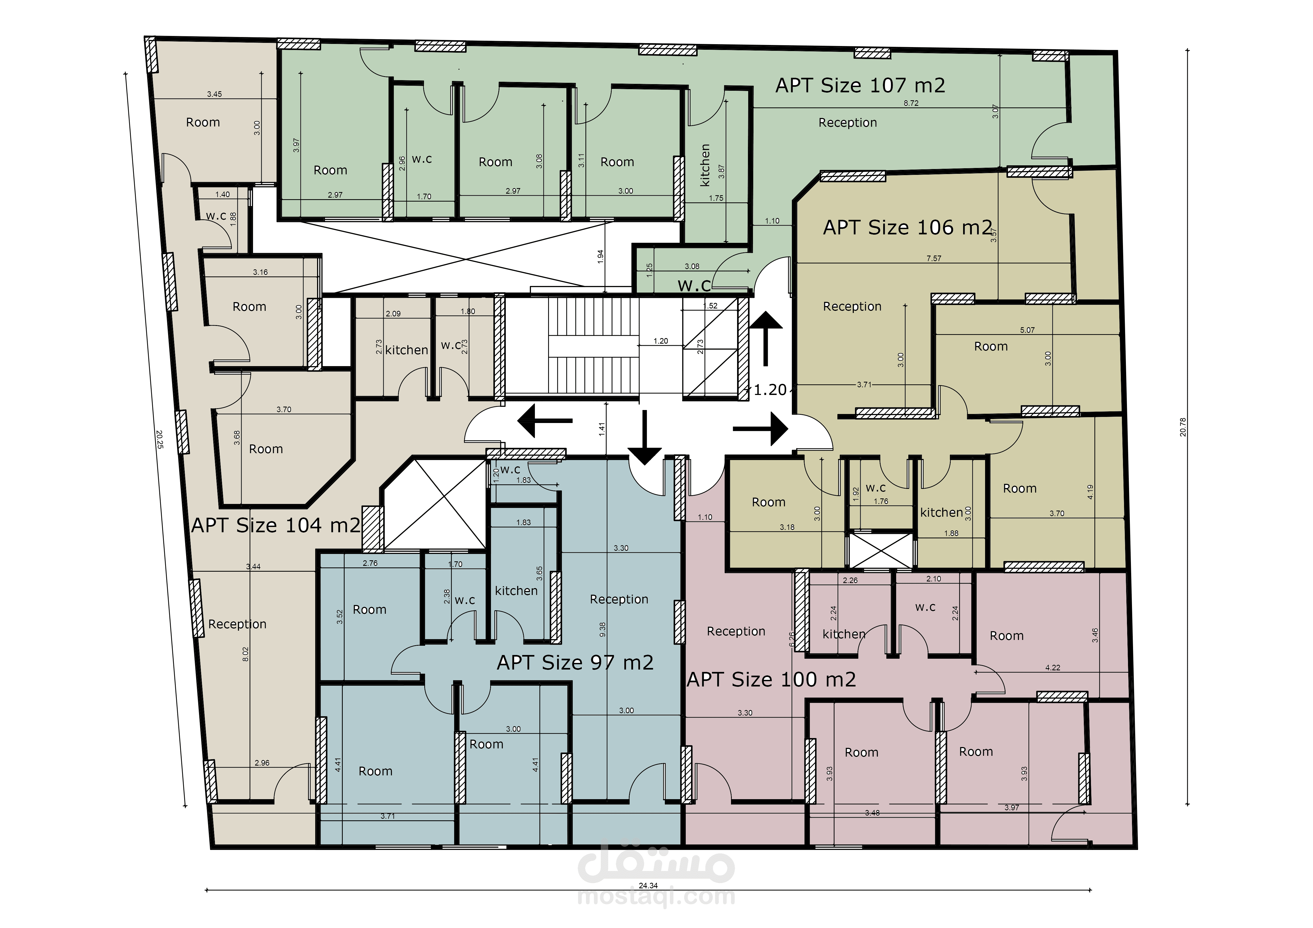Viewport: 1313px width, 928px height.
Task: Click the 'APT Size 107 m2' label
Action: [860, 86]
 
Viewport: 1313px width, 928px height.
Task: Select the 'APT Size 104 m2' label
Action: [276, 525]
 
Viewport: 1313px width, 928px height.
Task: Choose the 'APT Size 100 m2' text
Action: [771, 679]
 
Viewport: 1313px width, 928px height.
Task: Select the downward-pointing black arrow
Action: [645, 437]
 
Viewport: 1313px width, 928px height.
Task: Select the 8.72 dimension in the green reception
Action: [911, 103]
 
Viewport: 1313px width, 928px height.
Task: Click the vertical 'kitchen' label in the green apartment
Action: [705, 165]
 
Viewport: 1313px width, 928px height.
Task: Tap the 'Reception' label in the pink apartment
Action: [736, 631]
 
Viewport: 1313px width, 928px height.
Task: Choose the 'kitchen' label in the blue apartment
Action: [516, 591]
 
